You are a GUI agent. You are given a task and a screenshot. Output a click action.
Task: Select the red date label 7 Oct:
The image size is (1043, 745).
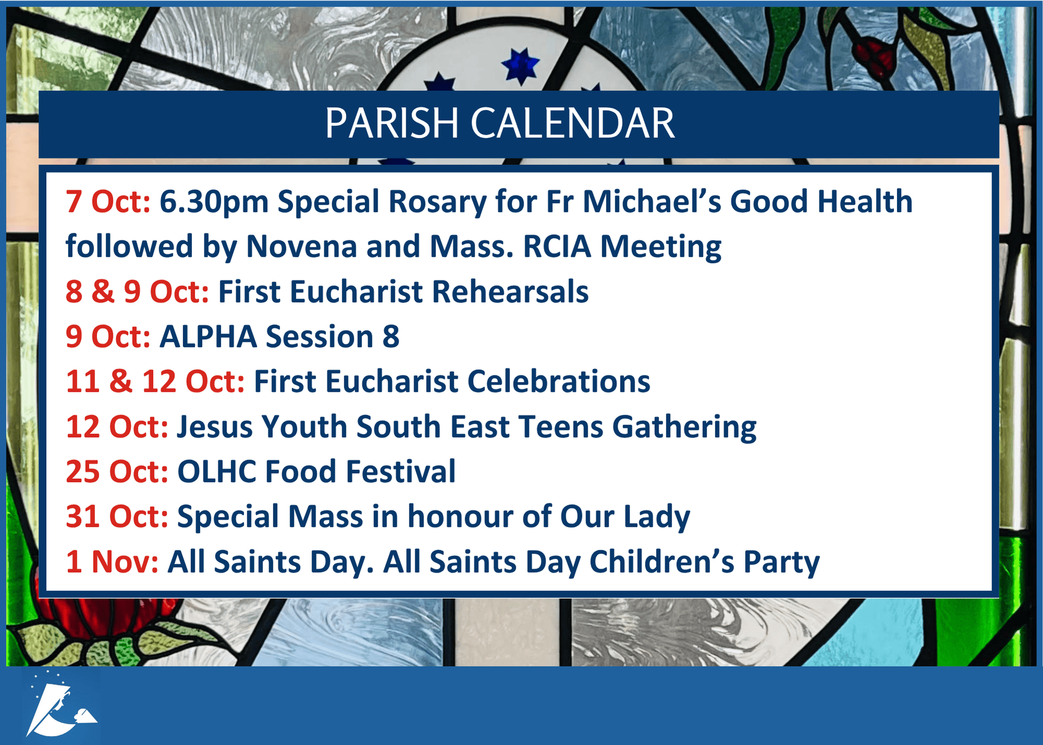[x=108, y=201]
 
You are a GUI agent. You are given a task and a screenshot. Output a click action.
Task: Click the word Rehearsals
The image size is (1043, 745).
[x=510, y=291]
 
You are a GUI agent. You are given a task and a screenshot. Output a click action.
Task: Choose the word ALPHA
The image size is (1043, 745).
[x=208, y=337]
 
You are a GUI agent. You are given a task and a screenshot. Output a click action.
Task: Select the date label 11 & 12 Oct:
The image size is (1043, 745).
[x=155, y=381]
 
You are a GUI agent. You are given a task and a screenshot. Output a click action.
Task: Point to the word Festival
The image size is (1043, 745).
[x=401, y=472]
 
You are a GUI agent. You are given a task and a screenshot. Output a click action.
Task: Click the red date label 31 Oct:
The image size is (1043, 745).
[x=117, y=516]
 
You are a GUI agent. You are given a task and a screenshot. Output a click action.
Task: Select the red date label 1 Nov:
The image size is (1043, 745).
[x=112, y=562]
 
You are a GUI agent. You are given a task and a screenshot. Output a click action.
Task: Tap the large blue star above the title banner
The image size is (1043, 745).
[x=520, y=66]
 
